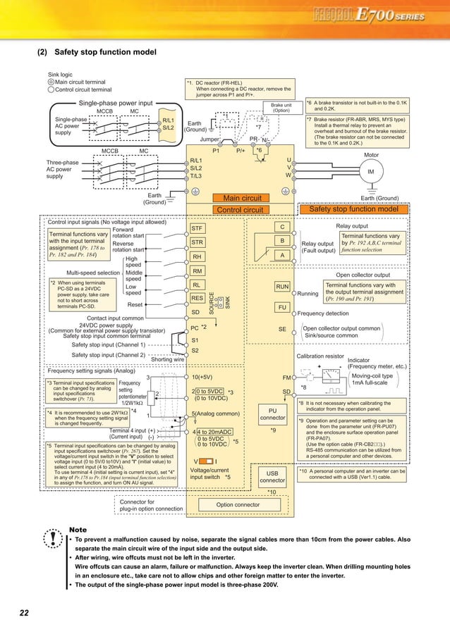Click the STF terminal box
200,228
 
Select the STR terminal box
200,242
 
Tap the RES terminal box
197,298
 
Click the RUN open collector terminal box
282,287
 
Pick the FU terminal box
282,308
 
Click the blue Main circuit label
242,199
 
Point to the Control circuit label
239,209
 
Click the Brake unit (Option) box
281,108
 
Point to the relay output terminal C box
282,227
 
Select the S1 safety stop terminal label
195,339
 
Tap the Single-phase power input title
116,103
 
